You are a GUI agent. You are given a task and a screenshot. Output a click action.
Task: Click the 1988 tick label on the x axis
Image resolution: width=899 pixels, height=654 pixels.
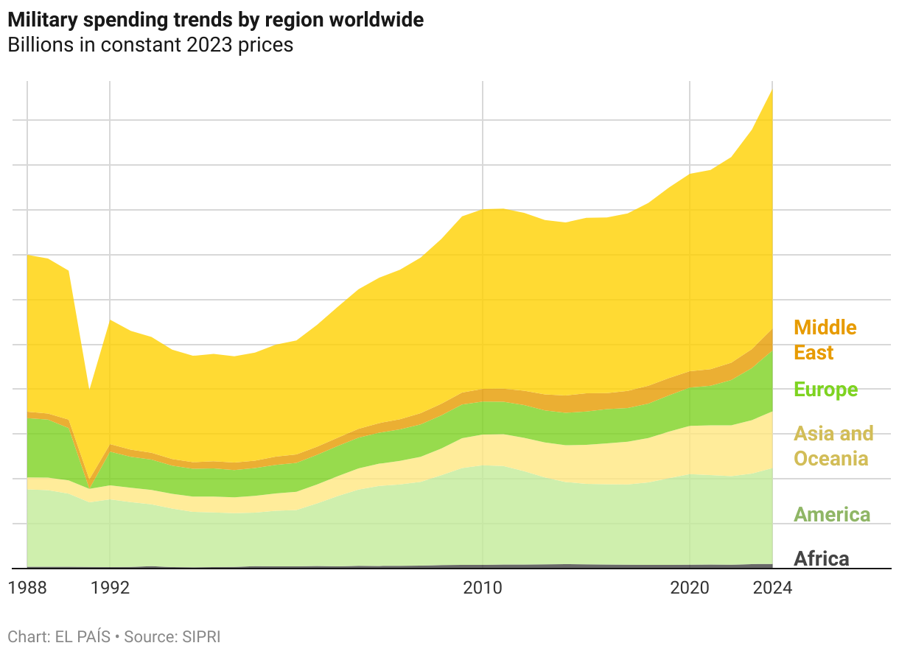[27, 588]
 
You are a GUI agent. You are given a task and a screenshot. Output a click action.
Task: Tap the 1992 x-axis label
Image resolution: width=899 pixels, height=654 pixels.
[110, 588]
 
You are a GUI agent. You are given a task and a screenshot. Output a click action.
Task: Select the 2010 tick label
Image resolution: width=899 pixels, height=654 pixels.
[483, 588]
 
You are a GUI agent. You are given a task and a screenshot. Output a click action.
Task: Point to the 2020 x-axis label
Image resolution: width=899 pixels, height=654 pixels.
[690, 588]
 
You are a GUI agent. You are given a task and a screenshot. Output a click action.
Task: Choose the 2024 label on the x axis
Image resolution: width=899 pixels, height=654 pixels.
[772, 588]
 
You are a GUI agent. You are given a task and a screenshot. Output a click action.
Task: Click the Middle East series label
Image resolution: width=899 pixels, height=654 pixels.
[825, 340]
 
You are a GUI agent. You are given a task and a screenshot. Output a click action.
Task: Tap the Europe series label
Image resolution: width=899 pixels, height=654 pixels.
[825, 390]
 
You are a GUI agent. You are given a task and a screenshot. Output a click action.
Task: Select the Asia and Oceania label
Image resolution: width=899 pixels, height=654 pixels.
[833, 446]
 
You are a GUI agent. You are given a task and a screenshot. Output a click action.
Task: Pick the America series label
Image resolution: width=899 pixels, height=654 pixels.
[831, 514]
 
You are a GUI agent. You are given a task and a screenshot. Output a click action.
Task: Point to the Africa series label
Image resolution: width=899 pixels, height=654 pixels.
[821, 558]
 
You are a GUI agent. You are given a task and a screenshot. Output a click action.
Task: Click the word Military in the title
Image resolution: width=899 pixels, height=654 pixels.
[41, 20]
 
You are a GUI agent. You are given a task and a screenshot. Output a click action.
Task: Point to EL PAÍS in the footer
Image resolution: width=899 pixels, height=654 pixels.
[83, 636]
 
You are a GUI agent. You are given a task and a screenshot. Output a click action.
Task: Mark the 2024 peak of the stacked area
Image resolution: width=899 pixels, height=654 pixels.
[772, 90]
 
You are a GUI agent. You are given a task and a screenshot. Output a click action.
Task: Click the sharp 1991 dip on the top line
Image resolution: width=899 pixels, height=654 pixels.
[89, 389]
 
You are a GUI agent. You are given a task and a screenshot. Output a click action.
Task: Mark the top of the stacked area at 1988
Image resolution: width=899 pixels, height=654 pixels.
[27, 256]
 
